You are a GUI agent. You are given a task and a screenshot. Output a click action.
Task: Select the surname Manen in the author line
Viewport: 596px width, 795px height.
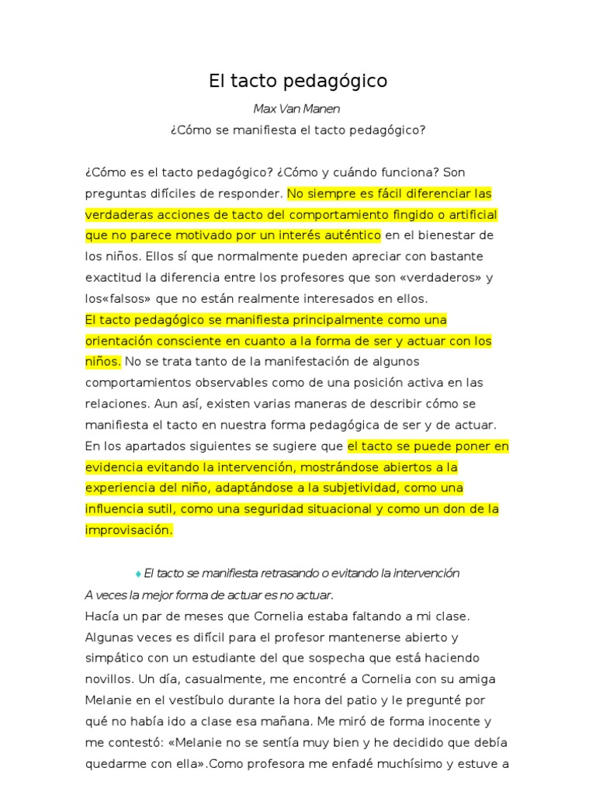(x=321, y=109)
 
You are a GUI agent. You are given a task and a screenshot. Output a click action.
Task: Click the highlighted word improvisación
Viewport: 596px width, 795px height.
(x=127, y=529)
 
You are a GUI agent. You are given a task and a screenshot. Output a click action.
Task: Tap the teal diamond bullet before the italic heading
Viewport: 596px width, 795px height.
(x=138, y=574)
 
